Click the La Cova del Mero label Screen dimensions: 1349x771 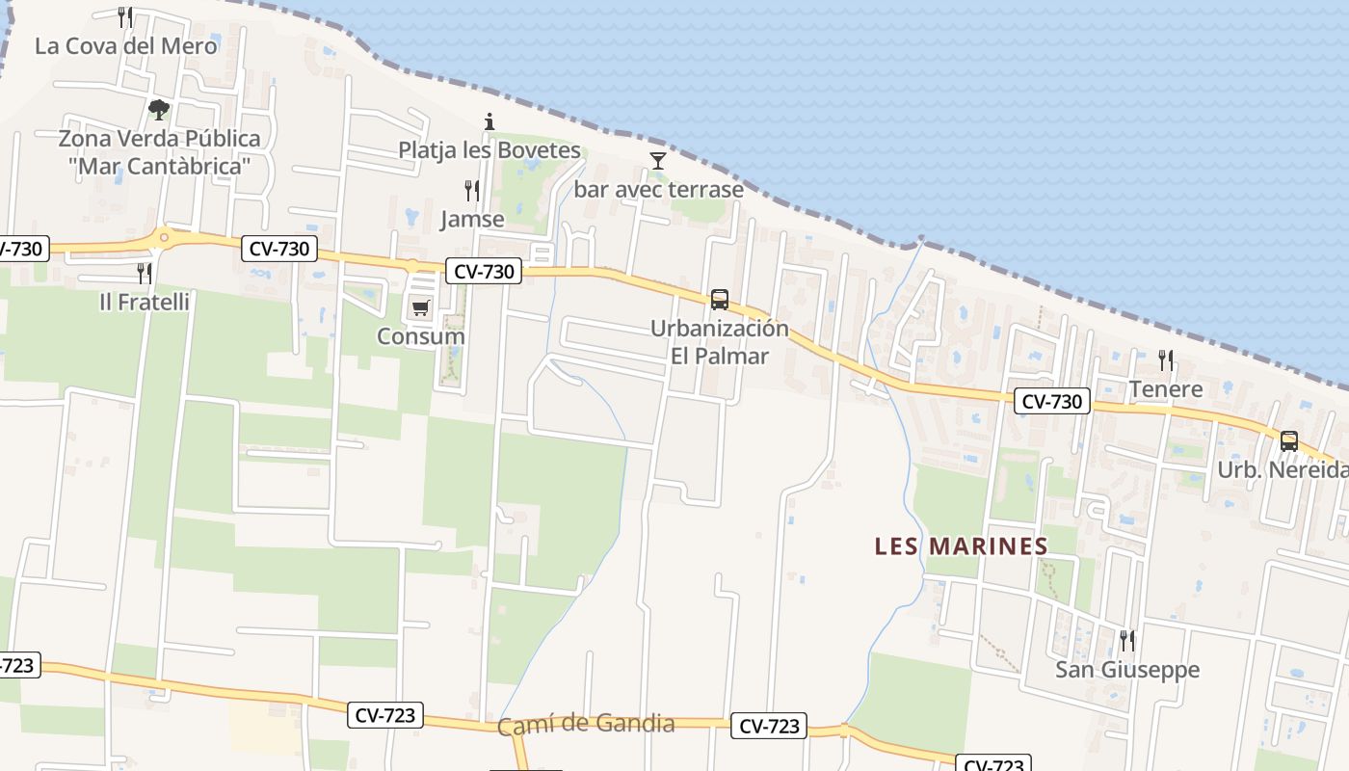click(125, 45)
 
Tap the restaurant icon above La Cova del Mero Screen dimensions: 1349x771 click(125, 16)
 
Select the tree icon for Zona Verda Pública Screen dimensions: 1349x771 click(159, 109)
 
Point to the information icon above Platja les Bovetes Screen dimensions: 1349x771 click(489, 121)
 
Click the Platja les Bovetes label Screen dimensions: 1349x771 click(489, 150)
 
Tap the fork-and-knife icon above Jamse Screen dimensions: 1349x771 click(472, 190)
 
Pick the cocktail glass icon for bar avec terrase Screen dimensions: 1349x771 click(658, 160)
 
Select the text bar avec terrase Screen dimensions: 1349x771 click(659, 189)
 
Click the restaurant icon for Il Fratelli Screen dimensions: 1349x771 click(145, 273)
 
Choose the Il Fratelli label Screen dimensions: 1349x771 click(145, 302)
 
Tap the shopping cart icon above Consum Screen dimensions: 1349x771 click(420, 308)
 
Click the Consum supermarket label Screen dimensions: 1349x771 click(420, 336)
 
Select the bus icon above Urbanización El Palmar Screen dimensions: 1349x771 click(720, 300)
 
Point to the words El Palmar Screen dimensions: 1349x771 click(720, 356)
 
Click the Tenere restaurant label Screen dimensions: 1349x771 click(1166, 389)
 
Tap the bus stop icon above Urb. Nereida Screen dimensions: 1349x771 click(1288, 441)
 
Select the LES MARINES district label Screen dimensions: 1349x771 click(961, 546)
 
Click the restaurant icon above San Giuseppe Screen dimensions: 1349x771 click(1126, 640)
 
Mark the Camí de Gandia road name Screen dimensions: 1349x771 click(586, 725)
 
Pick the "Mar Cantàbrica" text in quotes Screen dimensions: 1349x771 click(159, 167)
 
